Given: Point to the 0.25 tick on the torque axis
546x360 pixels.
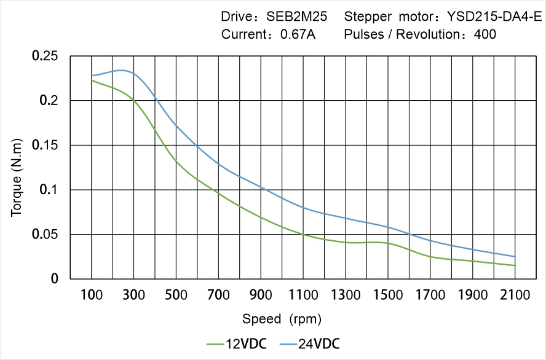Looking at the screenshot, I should tap(45, 56).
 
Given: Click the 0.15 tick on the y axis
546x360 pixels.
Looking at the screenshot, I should tap(45, 146).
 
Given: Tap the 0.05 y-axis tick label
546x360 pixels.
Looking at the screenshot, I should tap(45, 235).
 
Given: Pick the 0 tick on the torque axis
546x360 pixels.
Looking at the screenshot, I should tap(54, 279).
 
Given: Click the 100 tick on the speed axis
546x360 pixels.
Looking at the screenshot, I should tap(92, 295).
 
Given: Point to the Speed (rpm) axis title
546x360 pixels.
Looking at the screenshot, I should tap(282, 319).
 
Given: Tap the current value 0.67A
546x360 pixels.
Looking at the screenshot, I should tap(298, 34).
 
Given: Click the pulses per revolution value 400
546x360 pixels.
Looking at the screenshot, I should tap(485, 34).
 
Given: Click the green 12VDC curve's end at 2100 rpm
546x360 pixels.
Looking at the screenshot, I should tap(515, 265).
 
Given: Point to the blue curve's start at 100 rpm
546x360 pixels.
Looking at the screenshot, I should tap(92, 76).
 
